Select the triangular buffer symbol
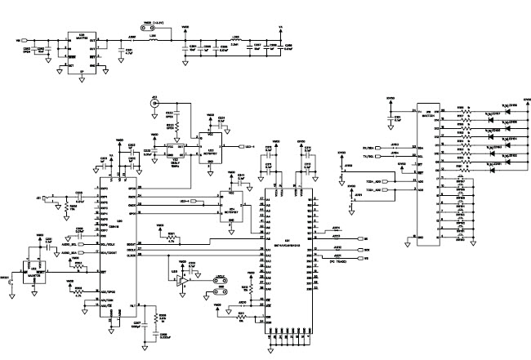[184, 279]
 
